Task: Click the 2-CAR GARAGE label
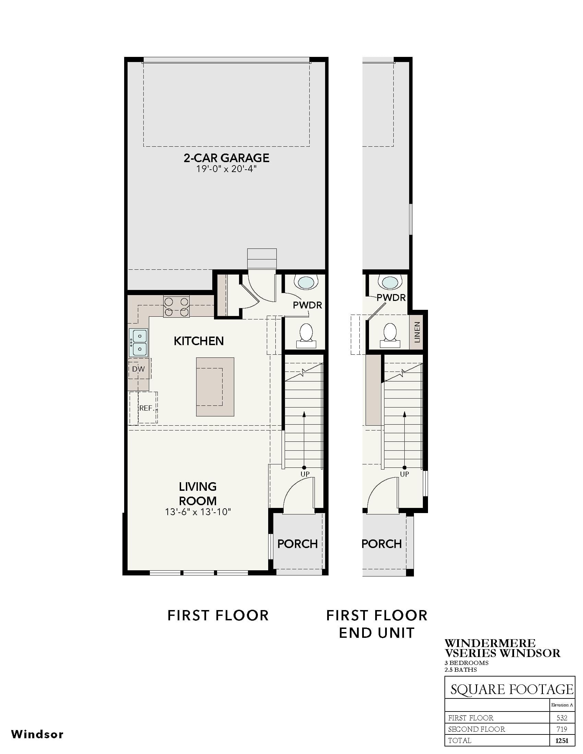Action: click(x=226, y=158)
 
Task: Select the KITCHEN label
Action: click(x=199, y=341)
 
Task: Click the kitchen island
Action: click(x=215, y=387)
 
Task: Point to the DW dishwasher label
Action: click(x=139, y=369)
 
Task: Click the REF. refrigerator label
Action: click(x=146, y=408)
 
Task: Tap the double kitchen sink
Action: click(x=138, y=342)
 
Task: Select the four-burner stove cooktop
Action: click(x=176, y=307)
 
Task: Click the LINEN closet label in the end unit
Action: click(x=417, y=332)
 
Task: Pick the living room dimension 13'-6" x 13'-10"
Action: click(x=198, y=512)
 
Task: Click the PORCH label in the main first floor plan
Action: click(x=297, y=544)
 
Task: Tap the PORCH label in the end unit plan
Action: click(x=382, y=544)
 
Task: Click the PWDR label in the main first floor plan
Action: click(x=307, y=305)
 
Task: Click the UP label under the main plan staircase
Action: click(x=305, y=474)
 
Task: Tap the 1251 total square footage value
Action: click(x=562, y=740)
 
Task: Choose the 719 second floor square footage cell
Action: click(x=562, y=729)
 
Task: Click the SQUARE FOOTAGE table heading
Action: click(x=512, y=690)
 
